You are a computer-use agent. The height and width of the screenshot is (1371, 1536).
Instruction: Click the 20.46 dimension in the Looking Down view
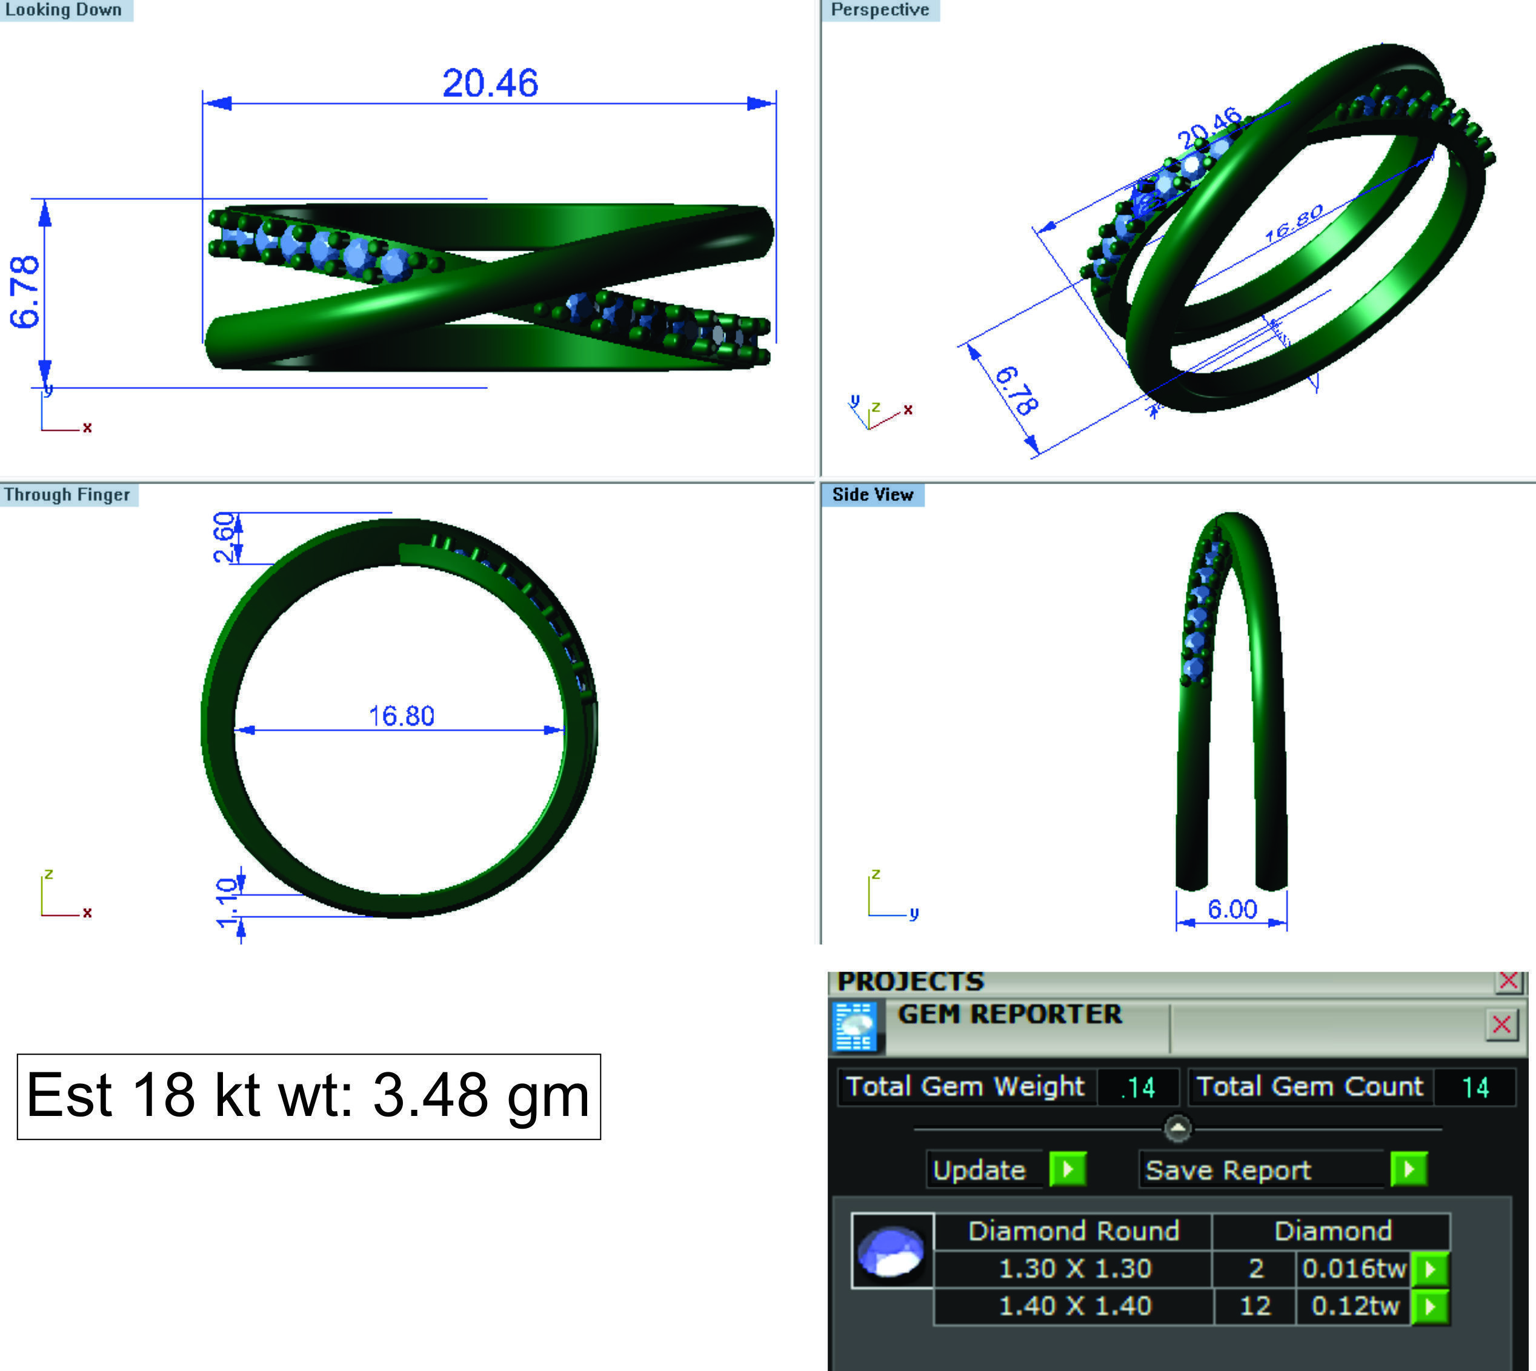pyautogui.click(x=490, y=83)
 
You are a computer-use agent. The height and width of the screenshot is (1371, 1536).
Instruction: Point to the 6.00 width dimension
pyautogui.click(x=1232, y=909)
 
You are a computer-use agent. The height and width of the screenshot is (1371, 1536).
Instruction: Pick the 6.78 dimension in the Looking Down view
pyautogui.click(x=25, y=291)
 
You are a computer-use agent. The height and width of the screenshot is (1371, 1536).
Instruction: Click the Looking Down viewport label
pyautogui.click(x=64, y=10)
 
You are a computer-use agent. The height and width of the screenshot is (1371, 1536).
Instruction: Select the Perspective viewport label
pyautogui.click(x=879, y=10)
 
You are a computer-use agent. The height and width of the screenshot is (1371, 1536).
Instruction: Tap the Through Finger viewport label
pyautogui.click(x=68, y=495)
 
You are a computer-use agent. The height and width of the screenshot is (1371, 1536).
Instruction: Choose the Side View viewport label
pyautogui.click(x=873, y=495)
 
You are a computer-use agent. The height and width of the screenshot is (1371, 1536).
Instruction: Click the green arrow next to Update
pyautogui.click(x=1068, y=1170)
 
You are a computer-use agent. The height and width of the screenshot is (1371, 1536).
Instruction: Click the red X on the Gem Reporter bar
pyautogui.click(x=1501, y=1024)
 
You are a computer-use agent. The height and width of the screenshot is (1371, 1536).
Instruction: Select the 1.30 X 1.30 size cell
pyautogui.click(x=1074, y=1269)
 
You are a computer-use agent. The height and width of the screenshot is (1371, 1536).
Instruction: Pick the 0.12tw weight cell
pyautogui.click(x=1354, y=1306)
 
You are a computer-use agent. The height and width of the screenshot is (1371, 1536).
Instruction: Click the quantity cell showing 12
pyautogui.click(x=1255, y=1306)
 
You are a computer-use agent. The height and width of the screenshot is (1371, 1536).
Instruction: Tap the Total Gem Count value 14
pyautogui.click(x=1474, y=1087)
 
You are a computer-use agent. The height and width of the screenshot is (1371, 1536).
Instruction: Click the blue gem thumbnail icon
pyautogui.click(x=892, y=1250)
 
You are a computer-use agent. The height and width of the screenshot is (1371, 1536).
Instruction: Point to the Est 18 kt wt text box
pyautogui.click(x=308, y=1096)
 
